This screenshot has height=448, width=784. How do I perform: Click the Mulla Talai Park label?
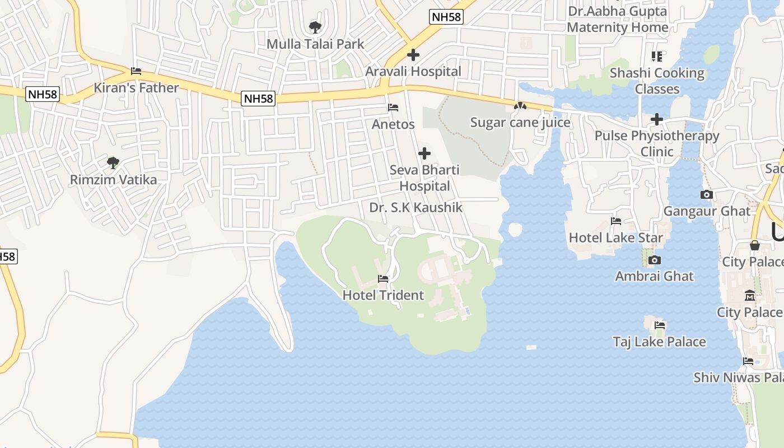click(x=315, y=44)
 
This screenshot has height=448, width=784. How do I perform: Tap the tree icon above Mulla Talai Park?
click(x=315, y=27)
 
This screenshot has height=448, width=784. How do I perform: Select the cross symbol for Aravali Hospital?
click(x=413, y=55)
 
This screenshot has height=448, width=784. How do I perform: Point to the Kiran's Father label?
click(x=136, y=88)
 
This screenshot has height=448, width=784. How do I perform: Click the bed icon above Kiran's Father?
click(x=136, y=71)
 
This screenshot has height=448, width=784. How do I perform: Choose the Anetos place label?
click(x=393, y=124)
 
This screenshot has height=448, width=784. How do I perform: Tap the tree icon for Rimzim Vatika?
click(x=113, y=163)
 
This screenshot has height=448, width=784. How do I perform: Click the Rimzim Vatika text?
click(x=113, y=180)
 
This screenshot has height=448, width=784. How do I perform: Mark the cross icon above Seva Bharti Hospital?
click(x=424, y=153)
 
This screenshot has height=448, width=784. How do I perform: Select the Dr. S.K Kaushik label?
click(x=416, y=208)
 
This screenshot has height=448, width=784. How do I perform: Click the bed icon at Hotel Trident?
click(x=383, y=278)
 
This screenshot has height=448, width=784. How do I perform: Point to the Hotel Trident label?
click(x=383, y=295)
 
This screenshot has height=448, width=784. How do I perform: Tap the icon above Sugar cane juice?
click(x=520, y=106)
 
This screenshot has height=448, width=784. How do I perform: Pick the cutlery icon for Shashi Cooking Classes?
click(x=657, y=56)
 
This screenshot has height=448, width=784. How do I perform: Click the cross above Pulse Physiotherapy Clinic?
click(x=657, y=119)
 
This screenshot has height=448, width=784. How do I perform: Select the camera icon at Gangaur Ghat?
click(x=707, y=194)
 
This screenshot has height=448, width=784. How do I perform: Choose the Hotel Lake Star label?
click(x=616, y=237)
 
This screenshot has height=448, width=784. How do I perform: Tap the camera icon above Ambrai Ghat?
click(x=654, y=260)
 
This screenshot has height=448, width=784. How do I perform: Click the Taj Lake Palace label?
click(x=659, y=342)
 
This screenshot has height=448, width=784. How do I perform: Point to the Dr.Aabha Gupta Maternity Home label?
click(x=617, y=19)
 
